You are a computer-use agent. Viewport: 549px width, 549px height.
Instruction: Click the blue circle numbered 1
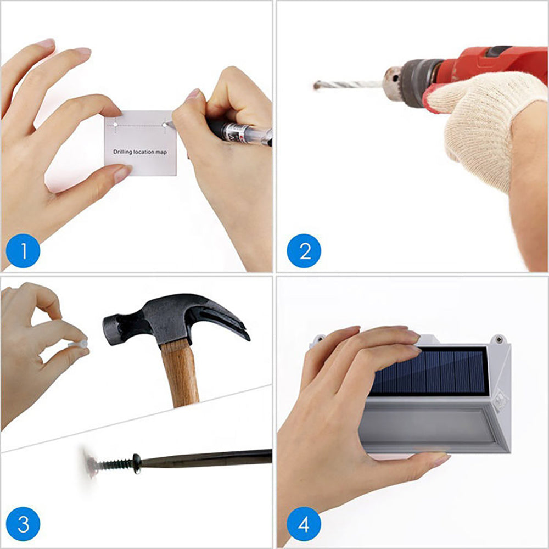(23, 251)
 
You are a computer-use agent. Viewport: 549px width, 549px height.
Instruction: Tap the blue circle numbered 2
(304, 251)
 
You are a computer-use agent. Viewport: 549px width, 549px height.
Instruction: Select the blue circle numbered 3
(23, 524)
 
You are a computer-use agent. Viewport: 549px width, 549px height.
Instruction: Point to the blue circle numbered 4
(304, 524)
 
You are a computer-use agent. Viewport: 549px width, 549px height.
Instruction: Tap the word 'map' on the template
(161, 152)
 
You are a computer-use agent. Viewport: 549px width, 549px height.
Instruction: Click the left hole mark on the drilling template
(115, 124)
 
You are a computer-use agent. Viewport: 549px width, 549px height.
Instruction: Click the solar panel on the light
(429, 372)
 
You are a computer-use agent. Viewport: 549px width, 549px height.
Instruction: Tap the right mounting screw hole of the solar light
(498, 339)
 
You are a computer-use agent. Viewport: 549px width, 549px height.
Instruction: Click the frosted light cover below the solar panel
(425, 425)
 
